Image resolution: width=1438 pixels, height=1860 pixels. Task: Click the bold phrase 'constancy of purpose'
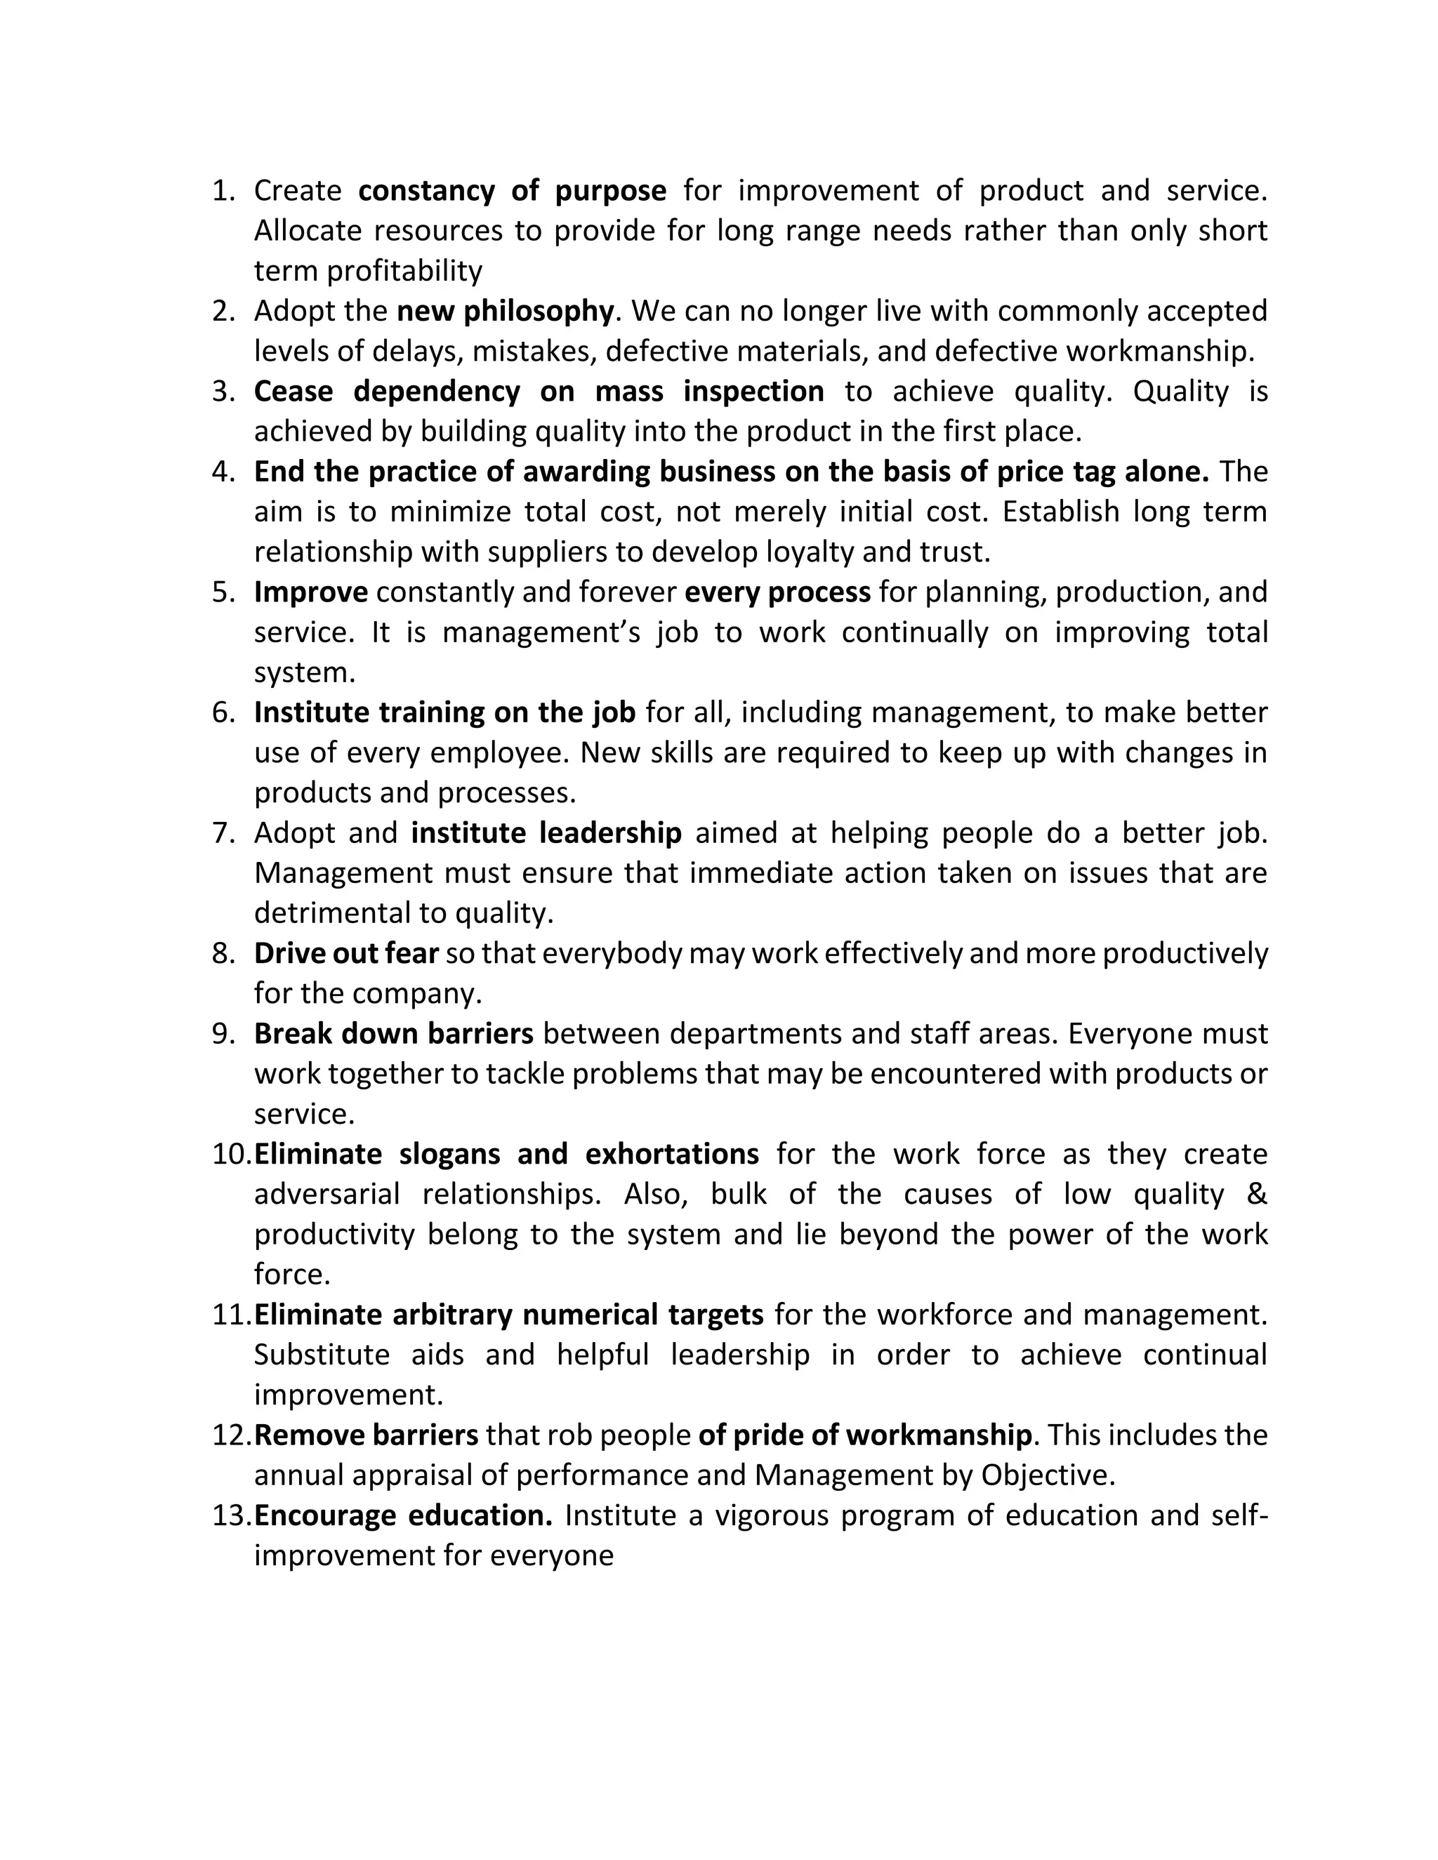(x=512, y=191)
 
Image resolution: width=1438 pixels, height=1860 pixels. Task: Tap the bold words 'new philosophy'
(x=504, y=312)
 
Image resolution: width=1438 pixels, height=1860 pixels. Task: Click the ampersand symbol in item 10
(x=1255, y=1194)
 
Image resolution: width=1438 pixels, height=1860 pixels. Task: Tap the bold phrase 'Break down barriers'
(x=394, y=1034)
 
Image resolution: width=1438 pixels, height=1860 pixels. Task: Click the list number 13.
(x=230, y=1516)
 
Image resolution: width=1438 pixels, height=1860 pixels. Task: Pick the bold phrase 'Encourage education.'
(x=404, y=1516)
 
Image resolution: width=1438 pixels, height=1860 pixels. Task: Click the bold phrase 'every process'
(x=777, y=592)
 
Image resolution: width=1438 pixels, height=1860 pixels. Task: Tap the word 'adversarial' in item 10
(x=326, y=1194)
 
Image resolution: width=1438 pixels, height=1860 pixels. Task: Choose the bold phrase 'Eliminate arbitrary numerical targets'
(x=508, y=1315)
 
